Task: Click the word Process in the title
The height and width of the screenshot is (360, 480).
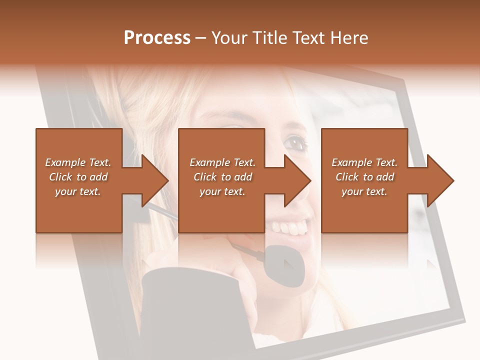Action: (157, 38)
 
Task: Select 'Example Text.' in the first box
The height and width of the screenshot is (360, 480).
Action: (78, 162)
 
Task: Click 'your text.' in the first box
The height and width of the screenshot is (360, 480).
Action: (78, 191)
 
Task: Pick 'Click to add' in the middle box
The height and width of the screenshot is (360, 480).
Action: (222, 177)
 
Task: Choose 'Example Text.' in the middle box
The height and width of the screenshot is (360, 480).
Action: (222, 162)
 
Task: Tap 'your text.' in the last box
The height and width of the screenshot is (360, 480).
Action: (364, 191)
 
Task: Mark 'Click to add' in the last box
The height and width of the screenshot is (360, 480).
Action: (364, 177)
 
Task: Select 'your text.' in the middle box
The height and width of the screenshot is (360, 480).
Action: (222, 191)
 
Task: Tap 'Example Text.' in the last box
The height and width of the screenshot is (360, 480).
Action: (364, 162)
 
